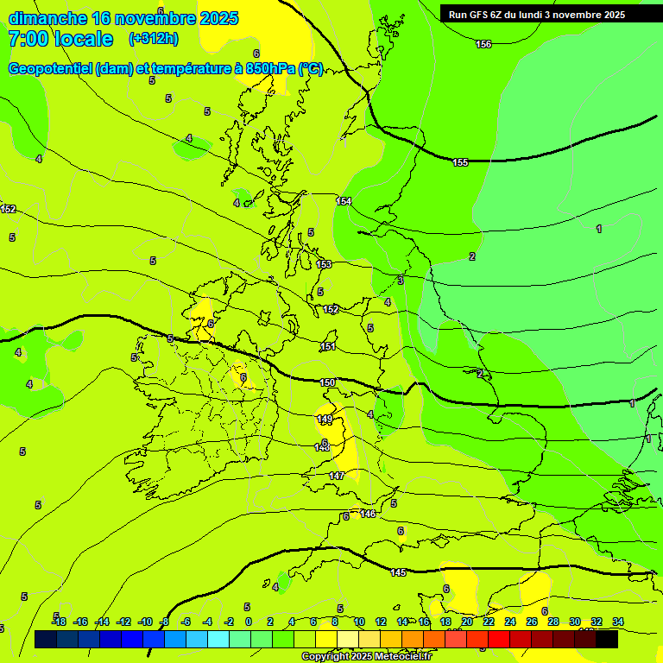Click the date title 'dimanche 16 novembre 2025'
[x=123, y=18]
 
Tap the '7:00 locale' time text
[x=60, y=39]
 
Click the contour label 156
[x=483, y=44]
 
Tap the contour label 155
[x=460, y=162]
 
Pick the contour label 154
[x=344, y=201]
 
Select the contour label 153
[x=324, y=264]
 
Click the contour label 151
[x=327, y=346]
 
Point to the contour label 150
[x=326, y=382]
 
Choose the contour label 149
[x=325, y=419]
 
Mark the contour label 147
[x=337, y=476]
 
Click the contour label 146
[x=368, y=514]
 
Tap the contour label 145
[x=398, y=572]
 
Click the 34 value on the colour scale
[x=617, y=622]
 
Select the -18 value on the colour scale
[x=59, y=622]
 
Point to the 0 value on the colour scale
[x=248, y=622]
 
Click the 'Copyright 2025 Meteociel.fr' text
[x=366, y=656]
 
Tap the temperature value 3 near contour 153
[x=400, y=281]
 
